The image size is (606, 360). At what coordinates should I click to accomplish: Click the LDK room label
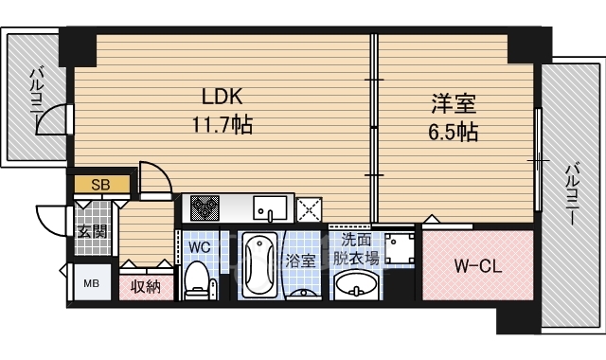(223, 96)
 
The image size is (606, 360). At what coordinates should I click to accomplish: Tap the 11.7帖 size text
(223, 125)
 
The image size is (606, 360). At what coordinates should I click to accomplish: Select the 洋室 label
(454, 103)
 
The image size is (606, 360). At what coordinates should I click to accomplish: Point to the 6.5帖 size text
(453, 133)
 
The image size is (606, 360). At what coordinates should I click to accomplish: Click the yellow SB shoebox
(102, 185)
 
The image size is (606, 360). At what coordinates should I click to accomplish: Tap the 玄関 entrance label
(92, 231)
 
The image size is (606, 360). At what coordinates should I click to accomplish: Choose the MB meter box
(92, 282)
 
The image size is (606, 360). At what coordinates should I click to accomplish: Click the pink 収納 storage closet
(146, 287)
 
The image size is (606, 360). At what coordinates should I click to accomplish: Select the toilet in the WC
(198, 280)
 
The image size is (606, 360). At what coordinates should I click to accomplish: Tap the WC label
(200, 246)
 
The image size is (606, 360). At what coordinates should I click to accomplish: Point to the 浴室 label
(301, 261)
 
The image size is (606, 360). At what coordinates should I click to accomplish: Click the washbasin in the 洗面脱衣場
(356, 284)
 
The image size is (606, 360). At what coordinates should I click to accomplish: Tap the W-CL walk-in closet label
(477, 265)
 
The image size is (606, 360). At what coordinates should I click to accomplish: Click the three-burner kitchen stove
(205, 207)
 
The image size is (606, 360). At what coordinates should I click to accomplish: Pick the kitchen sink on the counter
(270, 208)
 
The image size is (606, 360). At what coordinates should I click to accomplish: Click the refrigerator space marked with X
(310, 210)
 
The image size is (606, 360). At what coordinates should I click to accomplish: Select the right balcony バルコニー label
(573, 194)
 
